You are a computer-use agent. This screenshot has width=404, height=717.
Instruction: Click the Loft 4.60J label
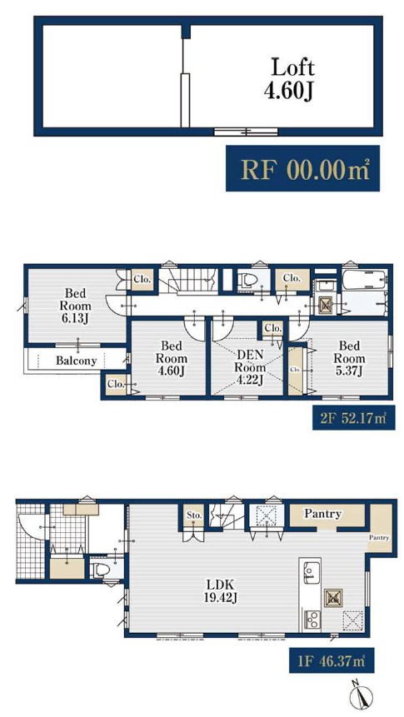(x=291, y=79)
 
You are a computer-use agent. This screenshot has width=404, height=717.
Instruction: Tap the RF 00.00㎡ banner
(x=303, y=168)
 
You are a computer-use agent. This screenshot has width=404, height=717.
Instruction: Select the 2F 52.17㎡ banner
(x=354, y=417)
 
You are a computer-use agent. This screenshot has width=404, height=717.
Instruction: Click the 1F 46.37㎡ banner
(x=332, y=660)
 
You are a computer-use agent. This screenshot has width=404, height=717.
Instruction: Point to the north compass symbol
(x=361, y=696)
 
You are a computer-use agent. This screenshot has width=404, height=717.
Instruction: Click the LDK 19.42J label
(x=221, y=590)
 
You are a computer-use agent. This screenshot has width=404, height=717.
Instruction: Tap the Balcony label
(x=77, y=361)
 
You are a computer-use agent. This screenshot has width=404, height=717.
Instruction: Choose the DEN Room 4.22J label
(x=249, y=367)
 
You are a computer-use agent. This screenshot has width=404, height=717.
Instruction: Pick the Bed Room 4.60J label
(x=170, y=358)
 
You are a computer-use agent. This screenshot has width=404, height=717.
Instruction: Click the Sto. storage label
(x=194, y=515)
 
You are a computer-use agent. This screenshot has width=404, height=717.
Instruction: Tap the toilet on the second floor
(x=248, y=279)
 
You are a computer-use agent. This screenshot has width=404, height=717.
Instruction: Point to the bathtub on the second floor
(x=365, y=280)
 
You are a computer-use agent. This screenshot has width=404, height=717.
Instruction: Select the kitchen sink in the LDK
(x=310, y=571)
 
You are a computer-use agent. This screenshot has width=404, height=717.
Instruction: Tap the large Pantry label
(x=323, y=514)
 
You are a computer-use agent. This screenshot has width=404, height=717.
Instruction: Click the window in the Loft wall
(x=247, y=132)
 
